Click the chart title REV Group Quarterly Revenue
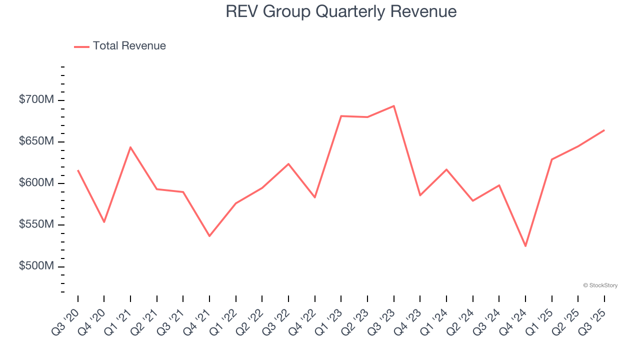pos(341,11)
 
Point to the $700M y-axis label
pos(36,100)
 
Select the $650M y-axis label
pos(36,142)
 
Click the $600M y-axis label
pos(36,183)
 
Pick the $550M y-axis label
pos(36,225)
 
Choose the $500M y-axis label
pos(36,266)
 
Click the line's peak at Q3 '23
pos(394,106)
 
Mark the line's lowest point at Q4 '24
pos(525,246)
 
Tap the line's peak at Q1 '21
pos(130,147)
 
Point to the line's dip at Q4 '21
pos(209,236)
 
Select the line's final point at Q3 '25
pos(604,130)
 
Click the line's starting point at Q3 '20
pos(78,170)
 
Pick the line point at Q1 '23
pos(341,116)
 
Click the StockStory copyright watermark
pos(600,285)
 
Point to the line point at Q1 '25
pos(551,159)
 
